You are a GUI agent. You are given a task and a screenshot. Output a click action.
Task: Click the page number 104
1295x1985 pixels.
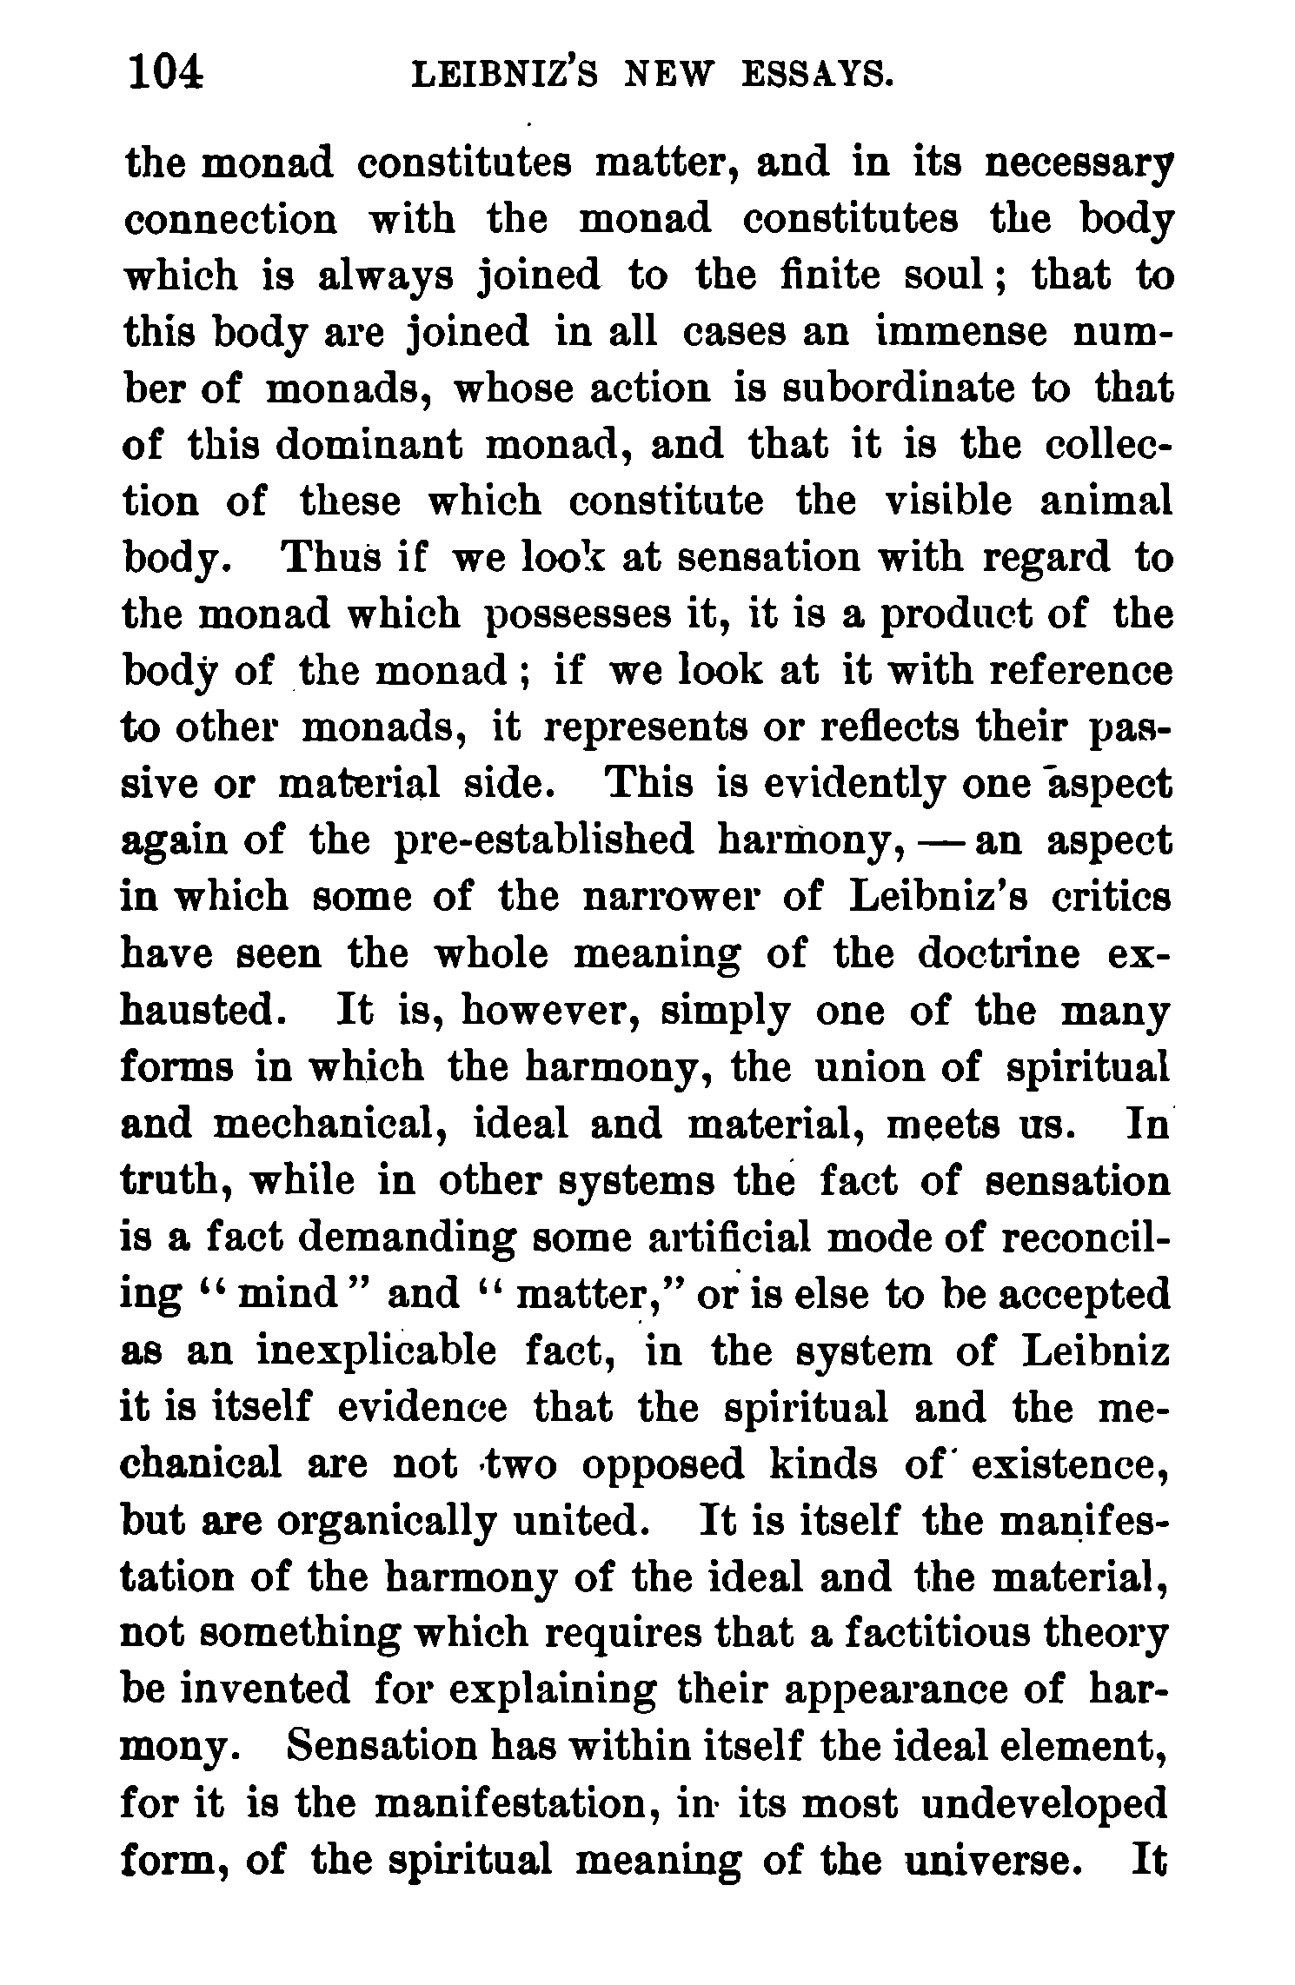click(165, 71)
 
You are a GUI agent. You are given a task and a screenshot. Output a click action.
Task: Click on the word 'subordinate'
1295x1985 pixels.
click(886, 389)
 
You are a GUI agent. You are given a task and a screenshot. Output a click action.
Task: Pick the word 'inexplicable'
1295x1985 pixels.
click(377, 1351)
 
